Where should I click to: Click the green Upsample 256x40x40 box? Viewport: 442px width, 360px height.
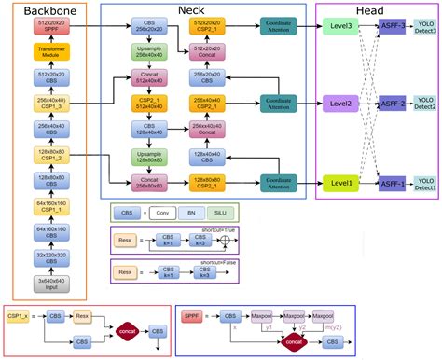click(x=151, y=54)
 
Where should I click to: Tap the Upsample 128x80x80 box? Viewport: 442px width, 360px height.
click(x=151, y=156)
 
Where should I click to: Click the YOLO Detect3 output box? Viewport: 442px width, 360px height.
click(x=425, y=28)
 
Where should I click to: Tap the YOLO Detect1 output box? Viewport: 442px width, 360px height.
click(x=425, y=184)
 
